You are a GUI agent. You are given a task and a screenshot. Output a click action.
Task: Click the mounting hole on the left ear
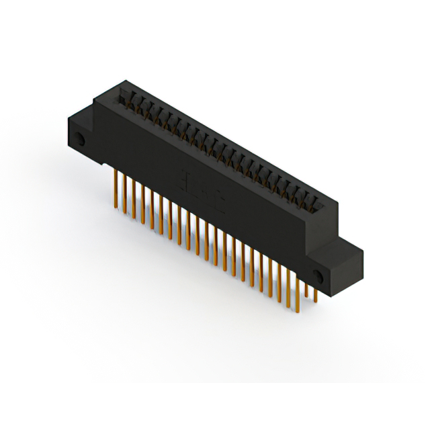pyautogui.click(x=80, y=142)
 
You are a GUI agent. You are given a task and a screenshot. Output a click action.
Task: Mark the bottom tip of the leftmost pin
pyautogui.click(x=115, y=203)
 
